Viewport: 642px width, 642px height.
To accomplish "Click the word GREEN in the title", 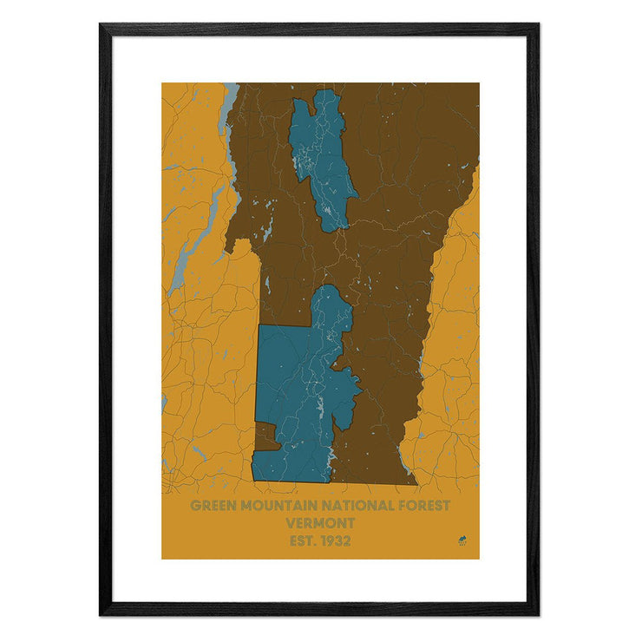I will click(212, 505).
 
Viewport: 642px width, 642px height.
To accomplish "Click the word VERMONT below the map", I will click(320, 523).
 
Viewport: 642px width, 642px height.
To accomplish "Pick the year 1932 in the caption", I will click(335, 541).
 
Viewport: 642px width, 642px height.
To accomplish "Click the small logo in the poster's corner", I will click(462, 543).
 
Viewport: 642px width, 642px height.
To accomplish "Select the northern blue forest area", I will click(321, 156).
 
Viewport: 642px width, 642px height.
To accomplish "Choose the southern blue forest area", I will click(295, 390).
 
